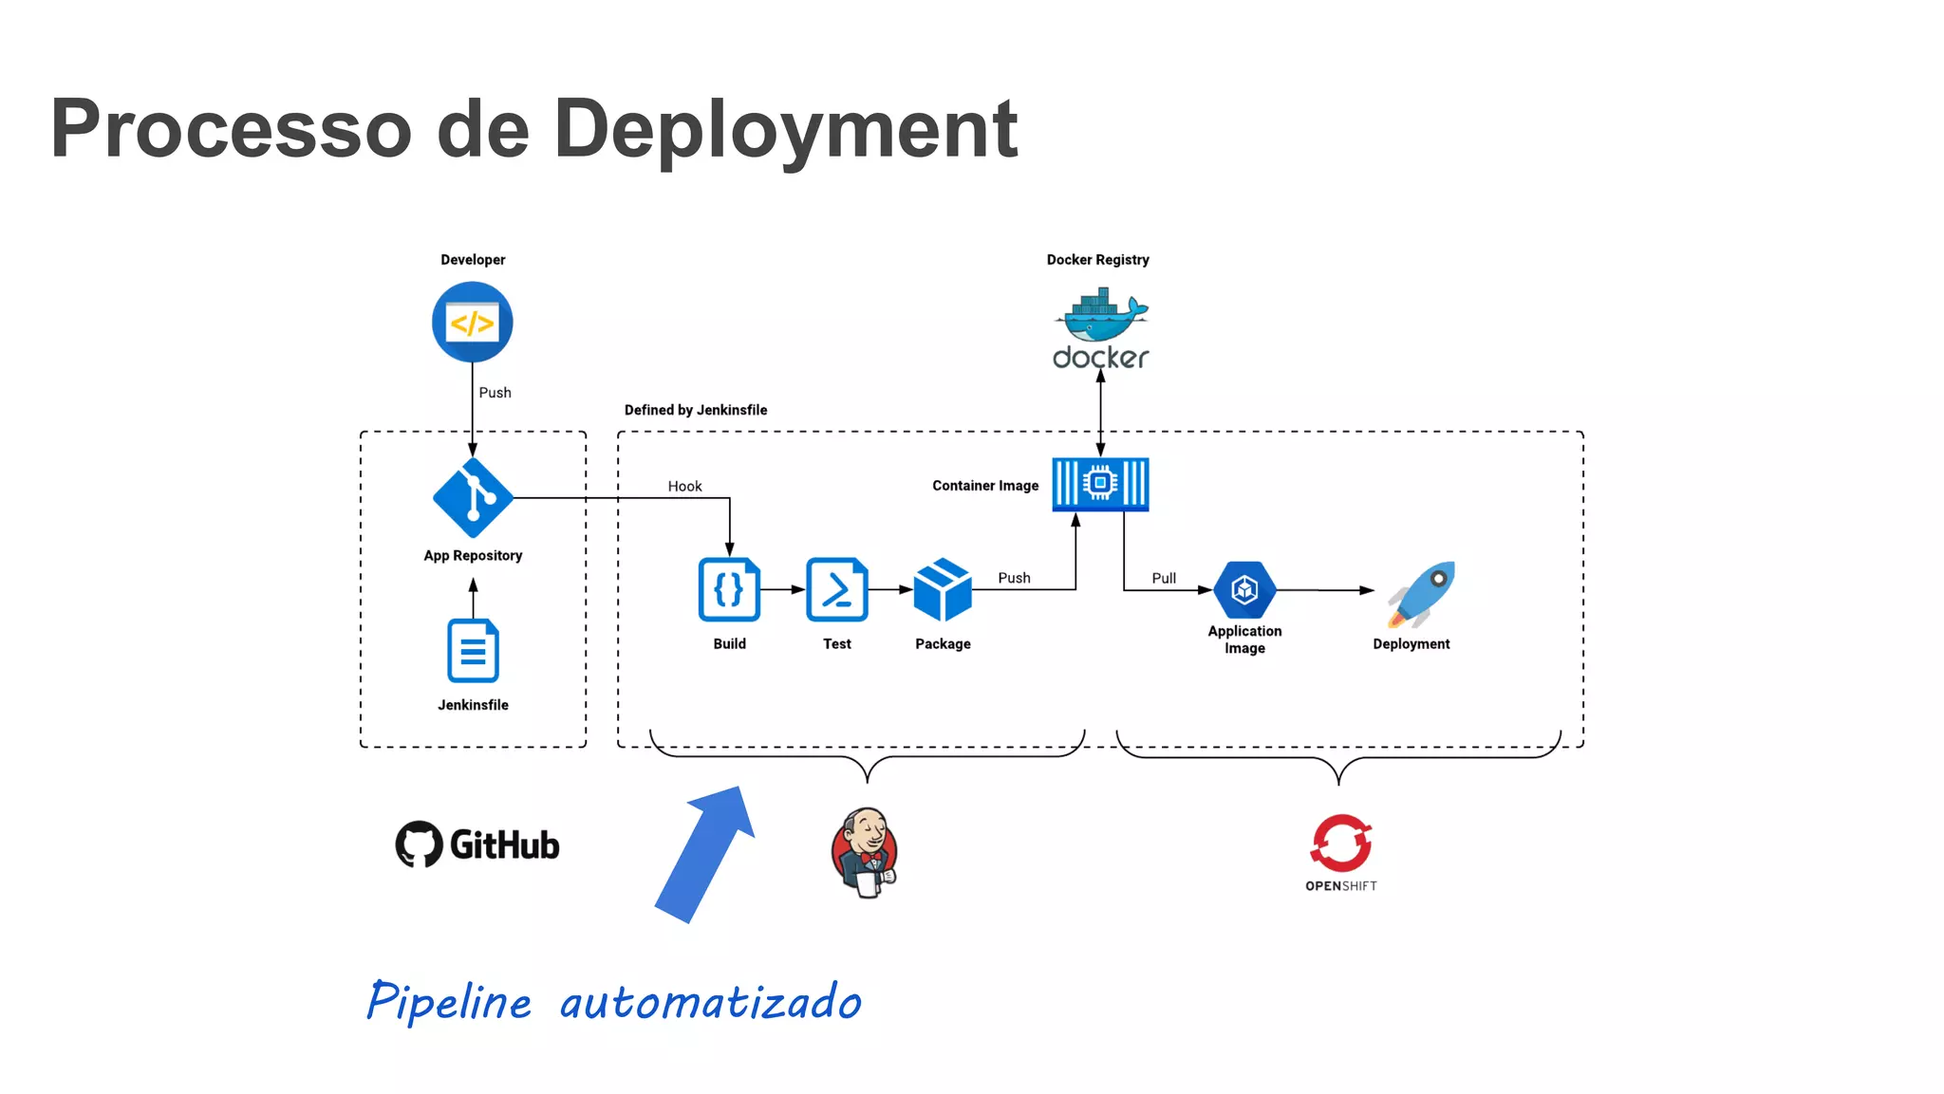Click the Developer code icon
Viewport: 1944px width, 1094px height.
coord(472,323)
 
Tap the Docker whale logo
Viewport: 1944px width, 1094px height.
coord(1101,318)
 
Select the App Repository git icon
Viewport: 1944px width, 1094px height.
coord(473,497)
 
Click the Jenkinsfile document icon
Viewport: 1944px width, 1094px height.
coord(473,651)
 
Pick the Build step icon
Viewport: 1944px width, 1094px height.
coord(729,589)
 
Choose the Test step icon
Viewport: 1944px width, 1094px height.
coord(836,589)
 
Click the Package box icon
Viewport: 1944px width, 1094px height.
coord(942,589)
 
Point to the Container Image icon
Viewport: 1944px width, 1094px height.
coord(1100,484)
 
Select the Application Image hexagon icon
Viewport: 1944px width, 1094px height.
coord(1244,589)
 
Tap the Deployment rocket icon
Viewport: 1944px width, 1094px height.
coord(1421,594)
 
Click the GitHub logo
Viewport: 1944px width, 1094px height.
coord(477,844)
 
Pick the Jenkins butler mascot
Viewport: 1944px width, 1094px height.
coord(865,851)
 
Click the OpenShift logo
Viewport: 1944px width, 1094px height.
coord(1340,851)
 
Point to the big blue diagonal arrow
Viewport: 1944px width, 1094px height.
coord(705,853)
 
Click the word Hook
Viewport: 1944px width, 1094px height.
coord(684,486)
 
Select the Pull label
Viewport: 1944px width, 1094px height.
coord(1163,578)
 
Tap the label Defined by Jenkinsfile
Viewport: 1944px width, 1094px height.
coord(696,410)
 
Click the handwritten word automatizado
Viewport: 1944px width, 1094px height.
coord(710,1002)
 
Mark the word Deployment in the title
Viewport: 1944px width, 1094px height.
coord(785,129)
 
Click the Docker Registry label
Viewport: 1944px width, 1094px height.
coord(1097,260)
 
